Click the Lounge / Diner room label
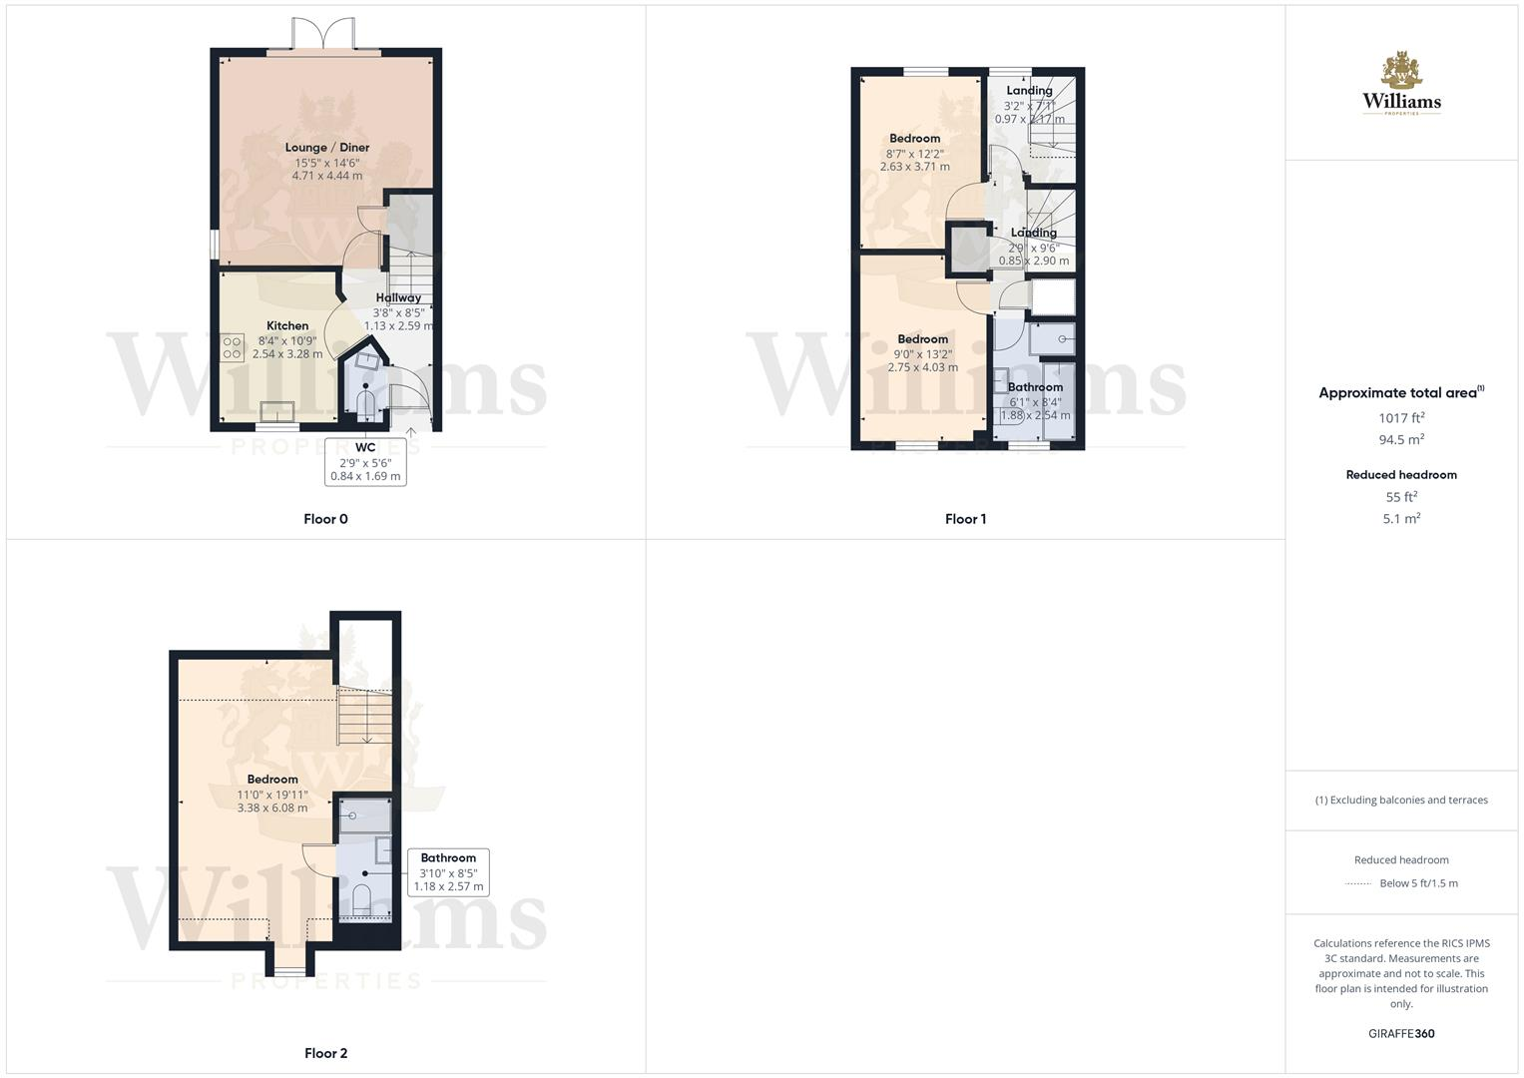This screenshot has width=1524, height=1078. pyautogui.click(x=327, y=148)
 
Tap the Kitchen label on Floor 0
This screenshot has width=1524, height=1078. pyautogui.click(x=287, y=325)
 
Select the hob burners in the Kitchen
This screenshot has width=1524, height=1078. pyautogui.click(x=232, y=346)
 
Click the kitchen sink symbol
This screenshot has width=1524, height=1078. pyautogui.click(x=276, y=411)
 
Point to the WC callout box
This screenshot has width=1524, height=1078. pyautogui.click(x=365, y=462)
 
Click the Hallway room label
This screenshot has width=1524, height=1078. pyautogui.click(x=398, y=297)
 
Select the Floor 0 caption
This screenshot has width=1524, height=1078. pyautogui.click(x=325, y=519)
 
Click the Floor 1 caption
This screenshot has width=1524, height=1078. pyautogui.click(x=965, y=519)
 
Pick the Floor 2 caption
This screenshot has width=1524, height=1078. pyautogui.click(x=325, y=1053)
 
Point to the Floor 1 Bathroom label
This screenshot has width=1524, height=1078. pyautogui.click(x=1035, y=387)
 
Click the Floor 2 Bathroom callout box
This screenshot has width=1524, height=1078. pyautogui.click(x=448, y=871)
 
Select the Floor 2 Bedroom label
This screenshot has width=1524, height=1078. pyautogui.click(x=272, y=780)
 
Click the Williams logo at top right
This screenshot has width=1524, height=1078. pyautogui.click(x=1401, y=84)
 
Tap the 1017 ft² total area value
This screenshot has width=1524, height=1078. pyautogui.click(x=1401, y=418)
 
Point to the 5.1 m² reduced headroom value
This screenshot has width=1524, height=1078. pyautogui.click(x=1401, y=519)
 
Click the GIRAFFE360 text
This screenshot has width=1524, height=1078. pyautogui.click(x=1401, y=1034)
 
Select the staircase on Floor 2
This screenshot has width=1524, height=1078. pyautogui.click(x=366, y=717)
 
